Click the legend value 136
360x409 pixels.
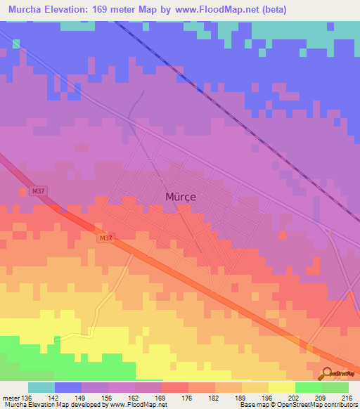[x=27, y=398]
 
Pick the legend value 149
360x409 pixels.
[x=81, y=398]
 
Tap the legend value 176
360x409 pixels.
[x=187, y=398]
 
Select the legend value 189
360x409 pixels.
[x=240, y=398]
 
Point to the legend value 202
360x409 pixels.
[x=293, y=398]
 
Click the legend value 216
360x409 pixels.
[x=345, y=398]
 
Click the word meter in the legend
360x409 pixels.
[x=11, y=398]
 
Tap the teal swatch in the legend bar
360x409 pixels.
[x=41, y=387]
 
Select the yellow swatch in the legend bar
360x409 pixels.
[x=281, y=387]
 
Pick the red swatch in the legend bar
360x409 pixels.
[x=174, y=387]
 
